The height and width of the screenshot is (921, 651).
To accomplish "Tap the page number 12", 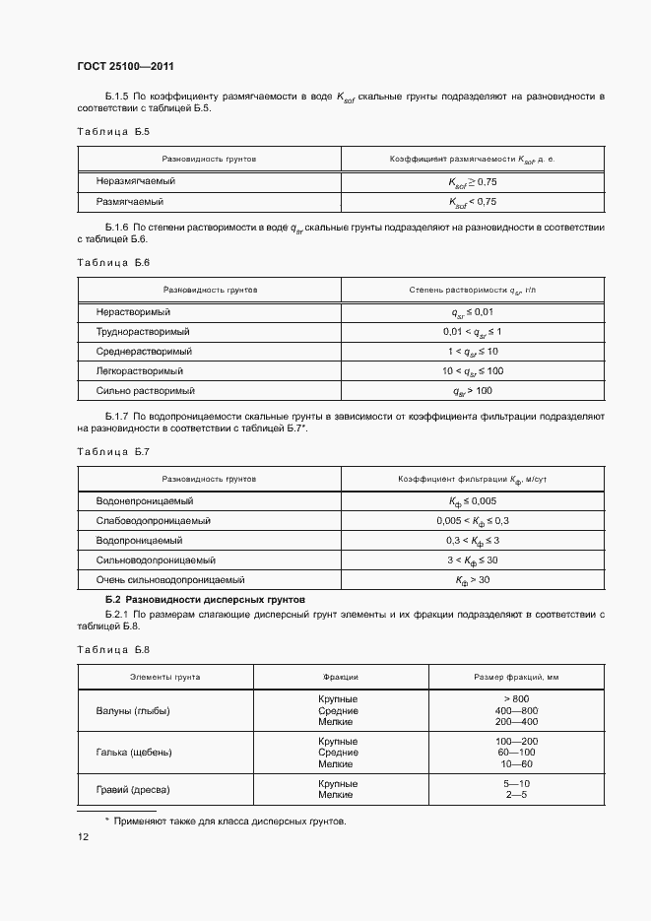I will [x=83, y=837].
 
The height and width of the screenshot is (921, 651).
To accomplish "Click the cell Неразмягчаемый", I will [x=136, y=181].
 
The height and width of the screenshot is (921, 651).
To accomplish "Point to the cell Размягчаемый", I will [x=129, y=202].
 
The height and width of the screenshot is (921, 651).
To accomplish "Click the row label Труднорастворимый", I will [x=143, y=332].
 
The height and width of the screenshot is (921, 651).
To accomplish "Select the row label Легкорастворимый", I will [x=140, y=371].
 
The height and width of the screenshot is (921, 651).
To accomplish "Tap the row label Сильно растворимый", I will [x=139, y=391].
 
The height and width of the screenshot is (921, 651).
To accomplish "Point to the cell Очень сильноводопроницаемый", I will [x=169, y=580].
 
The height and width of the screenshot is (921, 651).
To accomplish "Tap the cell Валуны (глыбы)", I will [x=134, y=709].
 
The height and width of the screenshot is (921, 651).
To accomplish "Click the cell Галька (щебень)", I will [x=134, y=752].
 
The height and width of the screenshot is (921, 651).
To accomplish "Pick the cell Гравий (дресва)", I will [x=133, y=790].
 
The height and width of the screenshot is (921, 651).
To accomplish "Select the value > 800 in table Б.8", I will [x=516, y=698].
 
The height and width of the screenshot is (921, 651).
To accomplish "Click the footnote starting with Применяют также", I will [x=228, y=821].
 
